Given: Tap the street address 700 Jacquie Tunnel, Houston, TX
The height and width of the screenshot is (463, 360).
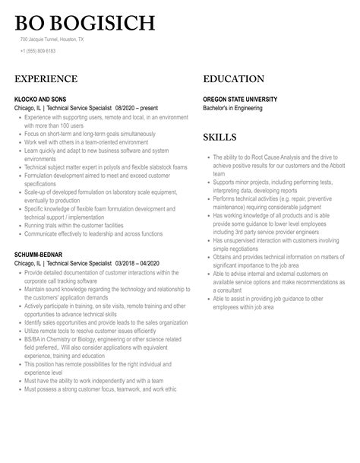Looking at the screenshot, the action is click(52, 38).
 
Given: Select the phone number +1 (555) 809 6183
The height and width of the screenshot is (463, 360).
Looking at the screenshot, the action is click(38, 50).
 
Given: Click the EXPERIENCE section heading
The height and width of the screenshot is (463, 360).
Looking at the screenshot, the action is click(46, 79).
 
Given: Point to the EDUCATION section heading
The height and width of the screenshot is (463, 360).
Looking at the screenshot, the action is click(233, 79).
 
